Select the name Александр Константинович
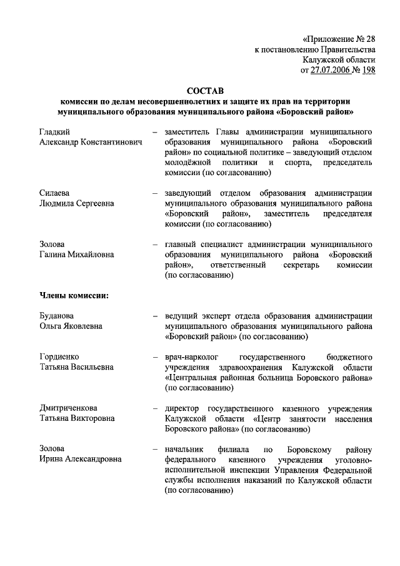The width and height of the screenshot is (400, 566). tap(91, 142)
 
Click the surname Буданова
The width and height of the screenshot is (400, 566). tap(57, 315)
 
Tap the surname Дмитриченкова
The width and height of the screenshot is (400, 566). tap(69, 408)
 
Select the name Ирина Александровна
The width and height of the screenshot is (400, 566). tap(81, 459)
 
